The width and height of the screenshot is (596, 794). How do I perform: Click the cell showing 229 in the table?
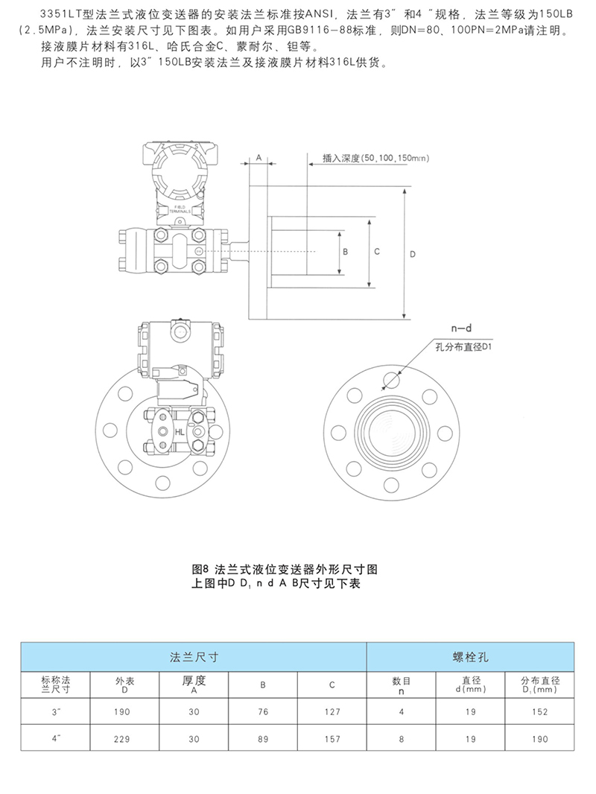122,739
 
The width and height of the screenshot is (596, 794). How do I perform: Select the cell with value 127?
332,712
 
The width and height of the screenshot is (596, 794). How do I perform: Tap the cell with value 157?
332,739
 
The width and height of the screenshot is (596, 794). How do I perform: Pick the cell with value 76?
263,712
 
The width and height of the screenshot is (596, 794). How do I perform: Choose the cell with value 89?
263,739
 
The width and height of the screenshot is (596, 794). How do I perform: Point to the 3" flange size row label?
55,712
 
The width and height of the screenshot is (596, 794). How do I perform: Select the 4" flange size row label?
55,739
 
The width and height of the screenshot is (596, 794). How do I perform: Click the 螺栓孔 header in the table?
470,657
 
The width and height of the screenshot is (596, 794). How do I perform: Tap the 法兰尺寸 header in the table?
194,657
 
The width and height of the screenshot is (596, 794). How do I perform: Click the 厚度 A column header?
194,684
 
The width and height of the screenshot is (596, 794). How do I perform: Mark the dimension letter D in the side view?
413,254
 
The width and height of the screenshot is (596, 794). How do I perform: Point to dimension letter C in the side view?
377,252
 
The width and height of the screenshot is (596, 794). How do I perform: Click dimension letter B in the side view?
346,253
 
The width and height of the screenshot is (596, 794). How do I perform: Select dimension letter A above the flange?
259,159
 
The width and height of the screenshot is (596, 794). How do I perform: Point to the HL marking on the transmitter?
180,432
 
